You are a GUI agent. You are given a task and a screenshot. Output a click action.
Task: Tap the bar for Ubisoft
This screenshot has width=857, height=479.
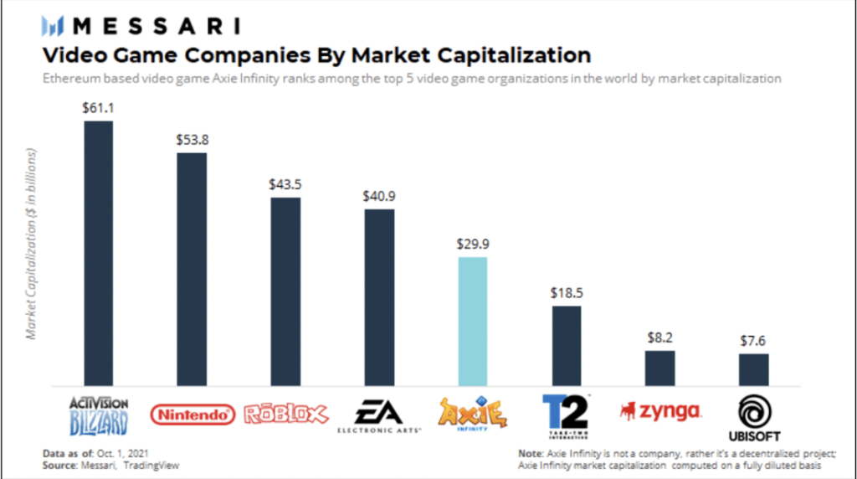[753, 369]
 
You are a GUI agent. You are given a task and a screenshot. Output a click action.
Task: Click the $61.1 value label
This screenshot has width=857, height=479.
[99, 108]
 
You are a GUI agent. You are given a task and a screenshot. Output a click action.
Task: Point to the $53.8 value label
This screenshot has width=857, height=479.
[192, 140]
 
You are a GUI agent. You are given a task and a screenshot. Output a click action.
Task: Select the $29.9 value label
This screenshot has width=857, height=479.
[473, 245]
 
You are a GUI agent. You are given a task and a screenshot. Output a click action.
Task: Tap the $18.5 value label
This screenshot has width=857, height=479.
[567, 294]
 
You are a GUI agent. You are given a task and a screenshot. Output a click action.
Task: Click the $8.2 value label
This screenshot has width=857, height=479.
[660, 338]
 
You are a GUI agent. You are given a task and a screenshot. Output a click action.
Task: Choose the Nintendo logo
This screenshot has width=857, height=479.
[192, 414]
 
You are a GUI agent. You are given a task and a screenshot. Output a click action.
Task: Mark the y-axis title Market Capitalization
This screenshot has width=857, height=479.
[33, 245]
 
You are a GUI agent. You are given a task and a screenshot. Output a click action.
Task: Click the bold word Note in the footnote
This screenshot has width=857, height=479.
[533, 453]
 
